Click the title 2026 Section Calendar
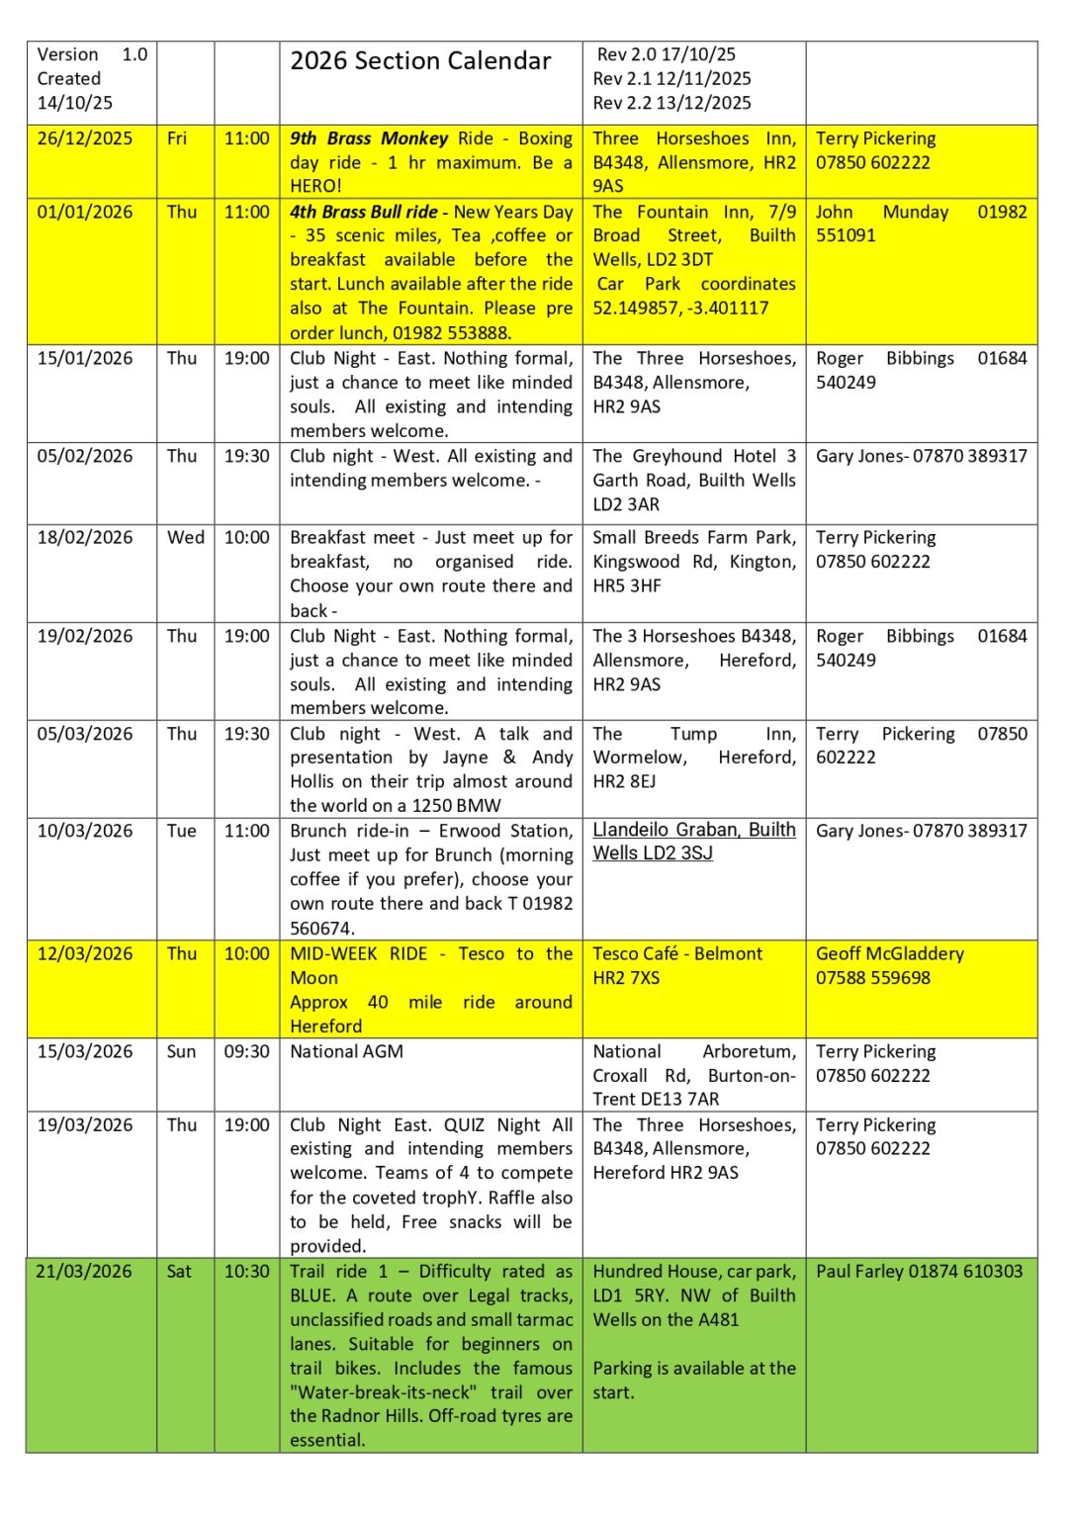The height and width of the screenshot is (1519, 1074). [x=420, y=61]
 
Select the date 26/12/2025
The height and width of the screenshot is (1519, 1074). [x=85, y=138]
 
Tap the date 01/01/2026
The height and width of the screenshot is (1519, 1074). [x=85, y=212]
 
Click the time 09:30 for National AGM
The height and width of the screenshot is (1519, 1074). [x=246, y=1051]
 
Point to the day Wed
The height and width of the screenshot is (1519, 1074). [x=186, y=537]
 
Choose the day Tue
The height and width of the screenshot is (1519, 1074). [x=181, y=831]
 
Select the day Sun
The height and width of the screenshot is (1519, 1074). [x=181, y=1051]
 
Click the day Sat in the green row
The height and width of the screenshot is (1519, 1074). [x=179, y=1271]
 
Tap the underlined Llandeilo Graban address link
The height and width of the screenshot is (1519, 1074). [x=693, y=842]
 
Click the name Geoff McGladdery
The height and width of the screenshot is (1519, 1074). [x=889, y=953]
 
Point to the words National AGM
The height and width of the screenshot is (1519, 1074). [x=346, y=1051]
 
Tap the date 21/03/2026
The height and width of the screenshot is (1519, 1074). [x=84, y=1271]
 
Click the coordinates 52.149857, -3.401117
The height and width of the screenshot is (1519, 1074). [x=680, y=308]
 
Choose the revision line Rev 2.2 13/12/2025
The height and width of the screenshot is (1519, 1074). [x=671, y=103]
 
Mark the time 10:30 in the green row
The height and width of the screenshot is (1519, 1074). [x=246, y=1271]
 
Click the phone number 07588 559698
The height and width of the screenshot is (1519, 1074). [x=872, y=978]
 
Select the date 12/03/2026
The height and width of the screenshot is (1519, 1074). [x=85, y=953]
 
